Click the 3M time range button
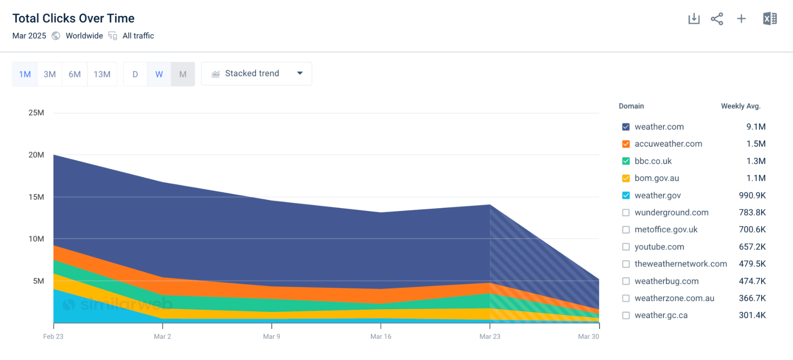[50, 74]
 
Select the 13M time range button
[102, 74]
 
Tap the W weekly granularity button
[159, 74]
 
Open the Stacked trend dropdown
[256, 74]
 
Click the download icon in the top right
[694, 19]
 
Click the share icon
[717, 19]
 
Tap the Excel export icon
[770, 19]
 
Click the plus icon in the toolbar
[741, 19]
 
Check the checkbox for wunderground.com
[626, 213]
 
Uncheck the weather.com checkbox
[626, 127]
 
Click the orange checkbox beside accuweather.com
[626, 144]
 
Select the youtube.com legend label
[659, 247]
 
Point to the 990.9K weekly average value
[752, 195]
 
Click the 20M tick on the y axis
[36, 155]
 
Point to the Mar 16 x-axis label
[380, 336]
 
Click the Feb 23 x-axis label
[53, 336]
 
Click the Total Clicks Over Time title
[73, 18]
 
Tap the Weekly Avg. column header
[740, 106]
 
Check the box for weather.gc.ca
[626, 315]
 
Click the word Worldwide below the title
[84, 36]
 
